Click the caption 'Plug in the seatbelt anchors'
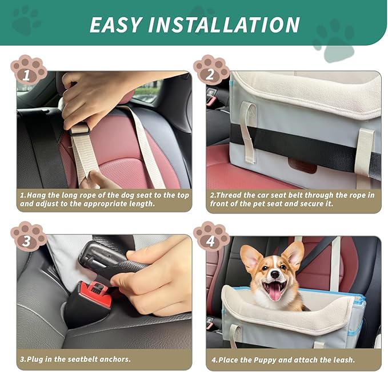click(x=75, y=359)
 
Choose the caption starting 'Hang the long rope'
click(x=103, y=199)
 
